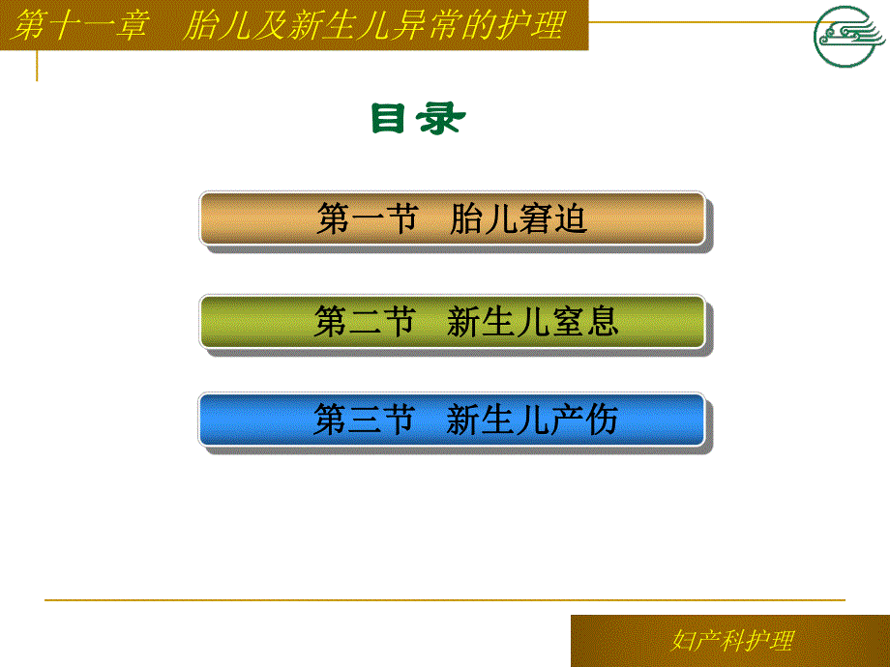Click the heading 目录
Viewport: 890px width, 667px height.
point(418,119)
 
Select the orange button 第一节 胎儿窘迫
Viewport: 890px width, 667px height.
point(452,219)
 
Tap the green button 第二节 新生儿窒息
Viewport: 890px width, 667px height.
point(452,322)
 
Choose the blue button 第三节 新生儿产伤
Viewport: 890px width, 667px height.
point(452,420)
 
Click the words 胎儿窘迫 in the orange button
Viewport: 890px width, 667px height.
point(519,220)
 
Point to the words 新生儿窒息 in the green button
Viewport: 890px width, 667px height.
point(533,322)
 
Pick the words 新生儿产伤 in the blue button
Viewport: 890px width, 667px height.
point(533,420)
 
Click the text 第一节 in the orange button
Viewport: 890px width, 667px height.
point(367,220)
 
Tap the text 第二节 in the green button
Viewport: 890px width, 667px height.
point(365,322)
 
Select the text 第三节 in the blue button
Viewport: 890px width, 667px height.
point(365,420)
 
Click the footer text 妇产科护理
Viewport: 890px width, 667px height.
point(731,640)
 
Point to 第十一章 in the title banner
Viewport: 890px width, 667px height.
point(82,25)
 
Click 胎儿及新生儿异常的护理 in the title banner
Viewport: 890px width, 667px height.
point(373,25)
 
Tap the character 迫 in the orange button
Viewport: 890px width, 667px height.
point(571,220)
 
